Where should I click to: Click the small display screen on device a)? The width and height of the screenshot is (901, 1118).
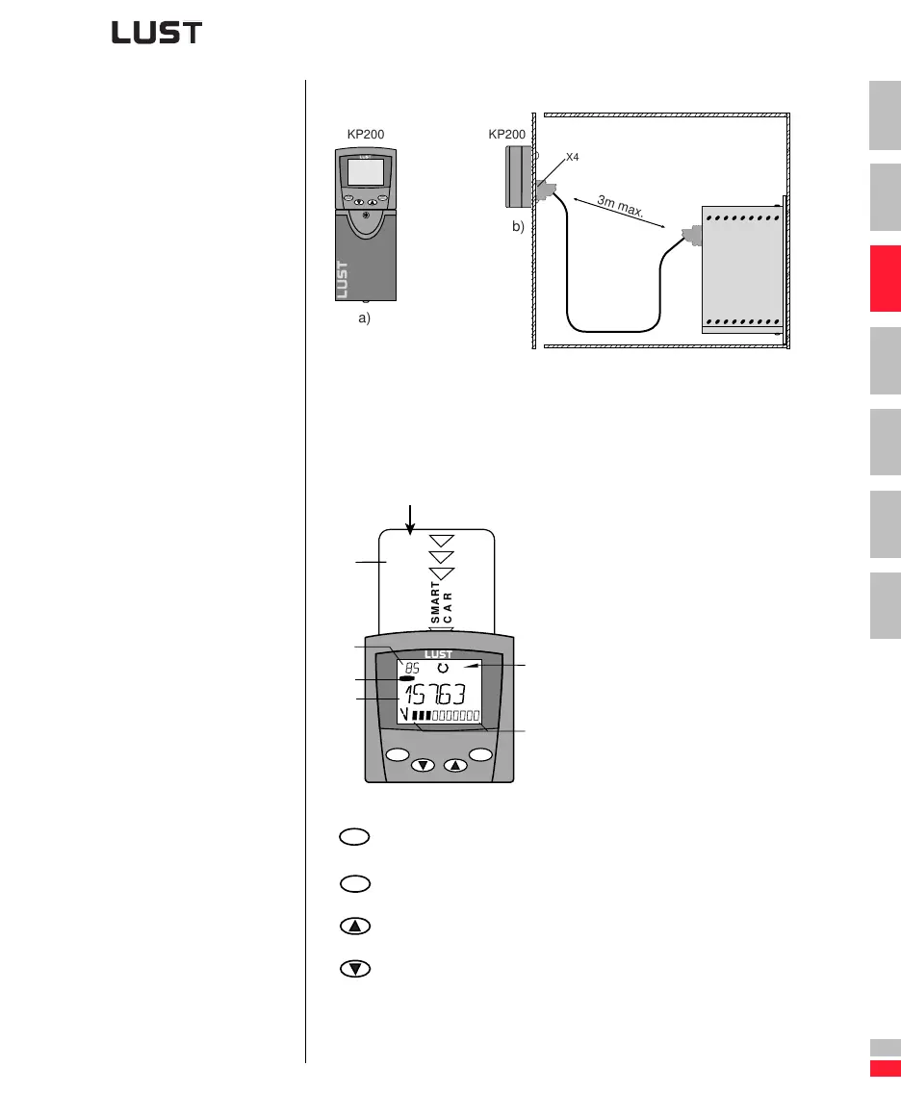(x=366, y=173)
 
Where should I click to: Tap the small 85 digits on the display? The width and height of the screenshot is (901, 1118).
(x=412, y=667)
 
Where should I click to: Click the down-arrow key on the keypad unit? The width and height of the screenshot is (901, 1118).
(x=424, y=766)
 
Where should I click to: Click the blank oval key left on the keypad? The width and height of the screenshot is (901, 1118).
(x=398, y=753)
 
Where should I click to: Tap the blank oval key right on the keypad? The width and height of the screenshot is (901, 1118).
(x=481, y=753)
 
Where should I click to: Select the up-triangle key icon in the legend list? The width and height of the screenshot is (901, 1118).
(x=352, y=926)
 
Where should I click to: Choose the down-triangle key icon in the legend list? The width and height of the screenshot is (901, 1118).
(x=352, y=968)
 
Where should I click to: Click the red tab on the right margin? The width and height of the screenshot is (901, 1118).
(x=885, y=278)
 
